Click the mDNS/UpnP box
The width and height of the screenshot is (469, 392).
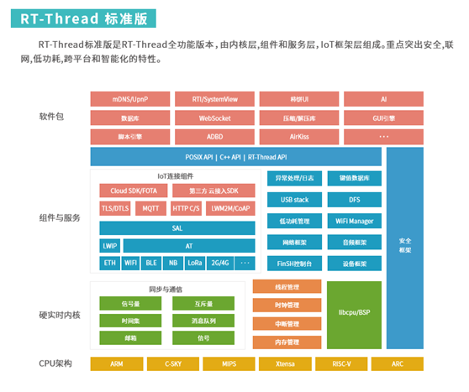(129, 99)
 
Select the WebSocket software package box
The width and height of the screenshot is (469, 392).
(213, 118)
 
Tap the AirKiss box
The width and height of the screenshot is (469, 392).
(298, 136)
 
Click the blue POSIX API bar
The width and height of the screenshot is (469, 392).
(235, 156)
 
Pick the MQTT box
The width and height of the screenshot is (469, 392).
(150, 207)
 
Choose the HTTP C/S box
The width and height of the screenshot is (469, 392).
(186, 207)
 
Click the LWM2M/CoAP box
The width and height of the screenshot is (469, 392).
(229, 207)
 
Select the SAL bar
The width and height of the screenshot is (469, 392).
(177, 227)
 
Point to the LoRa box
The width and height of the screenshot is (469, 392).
(195, 263)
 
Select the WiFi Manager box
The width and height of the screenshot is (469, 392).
(354, 221)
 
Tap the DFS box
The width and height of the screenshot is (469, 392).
(354, 200)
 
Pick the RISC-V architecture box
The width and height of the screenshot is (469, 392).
(341, 364)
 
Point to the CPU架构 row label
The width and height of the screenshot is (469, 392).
(56, 364)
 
